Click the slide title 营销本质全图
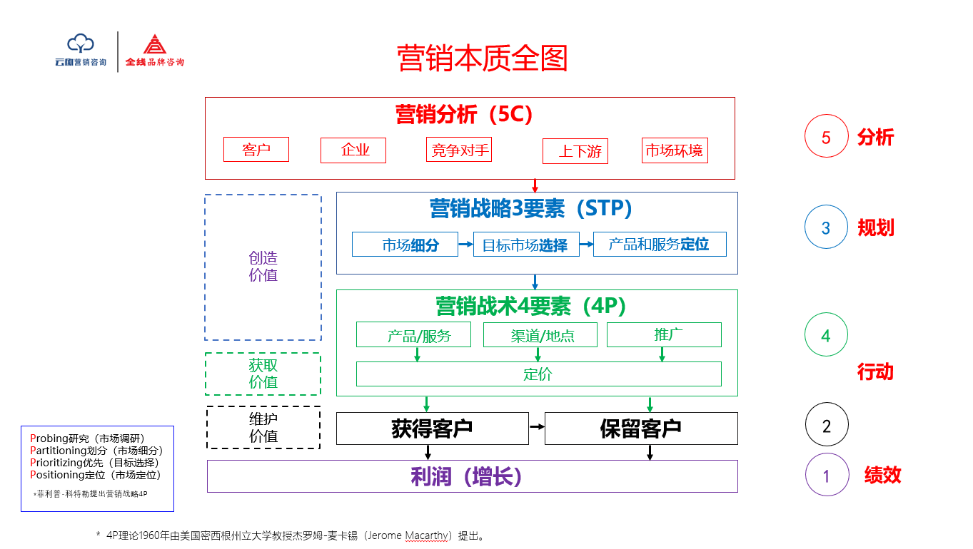[x=482, y=58]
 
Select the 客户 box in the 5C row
[x=256, y=150]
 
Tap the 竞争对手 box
[x=459, y=150]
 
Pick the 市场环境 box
[x=675, y=150]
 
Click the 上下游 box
[x=575, y=151]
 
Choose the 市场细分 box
[x=405, y=245]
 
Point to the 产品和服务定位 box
[x=660, y=244]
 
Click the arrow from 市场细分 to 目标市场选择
[x=465, y=245]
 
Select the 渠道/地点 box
[x=540, y=335]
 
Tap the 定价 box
[x=538, y=374]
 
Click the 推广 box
[x=664, y=334]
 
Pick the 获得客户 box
[x=432, y=429]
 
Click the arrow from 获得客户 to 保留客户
[x=537, y=427]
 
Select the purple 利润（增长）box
[x=472, y=476]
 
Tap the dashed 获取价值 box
[x=263, y=374]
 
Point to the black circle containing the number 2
[x=827, y=425]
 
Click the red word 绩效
[x=882, y=476]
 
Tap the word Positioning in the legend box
[x=58, y=475]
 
